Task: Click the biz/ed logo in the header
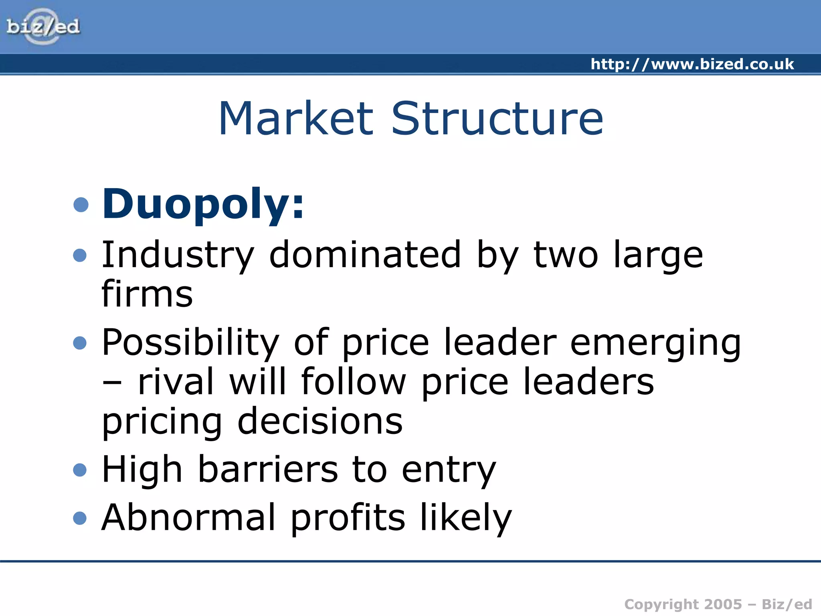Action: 43,27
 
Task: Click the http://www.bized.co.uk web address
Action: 692,64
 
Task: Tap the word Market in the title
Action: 296,119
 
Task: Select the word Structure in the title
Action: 497,119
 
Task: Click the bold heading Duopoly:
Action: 203,205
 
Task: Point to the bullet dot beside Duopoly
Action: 81,205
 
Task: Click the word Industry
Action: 178,255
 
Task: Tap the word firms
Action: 147,294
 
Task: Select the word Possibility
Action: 190,343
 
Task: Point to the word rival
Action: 176,382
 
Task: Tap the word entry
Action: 449,471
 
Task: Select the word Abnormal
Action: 188,517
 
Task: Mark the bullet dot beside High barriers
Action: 80,470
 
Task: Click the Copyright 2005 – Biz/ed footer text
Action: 718,604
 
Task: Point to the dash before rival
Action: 112,383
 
